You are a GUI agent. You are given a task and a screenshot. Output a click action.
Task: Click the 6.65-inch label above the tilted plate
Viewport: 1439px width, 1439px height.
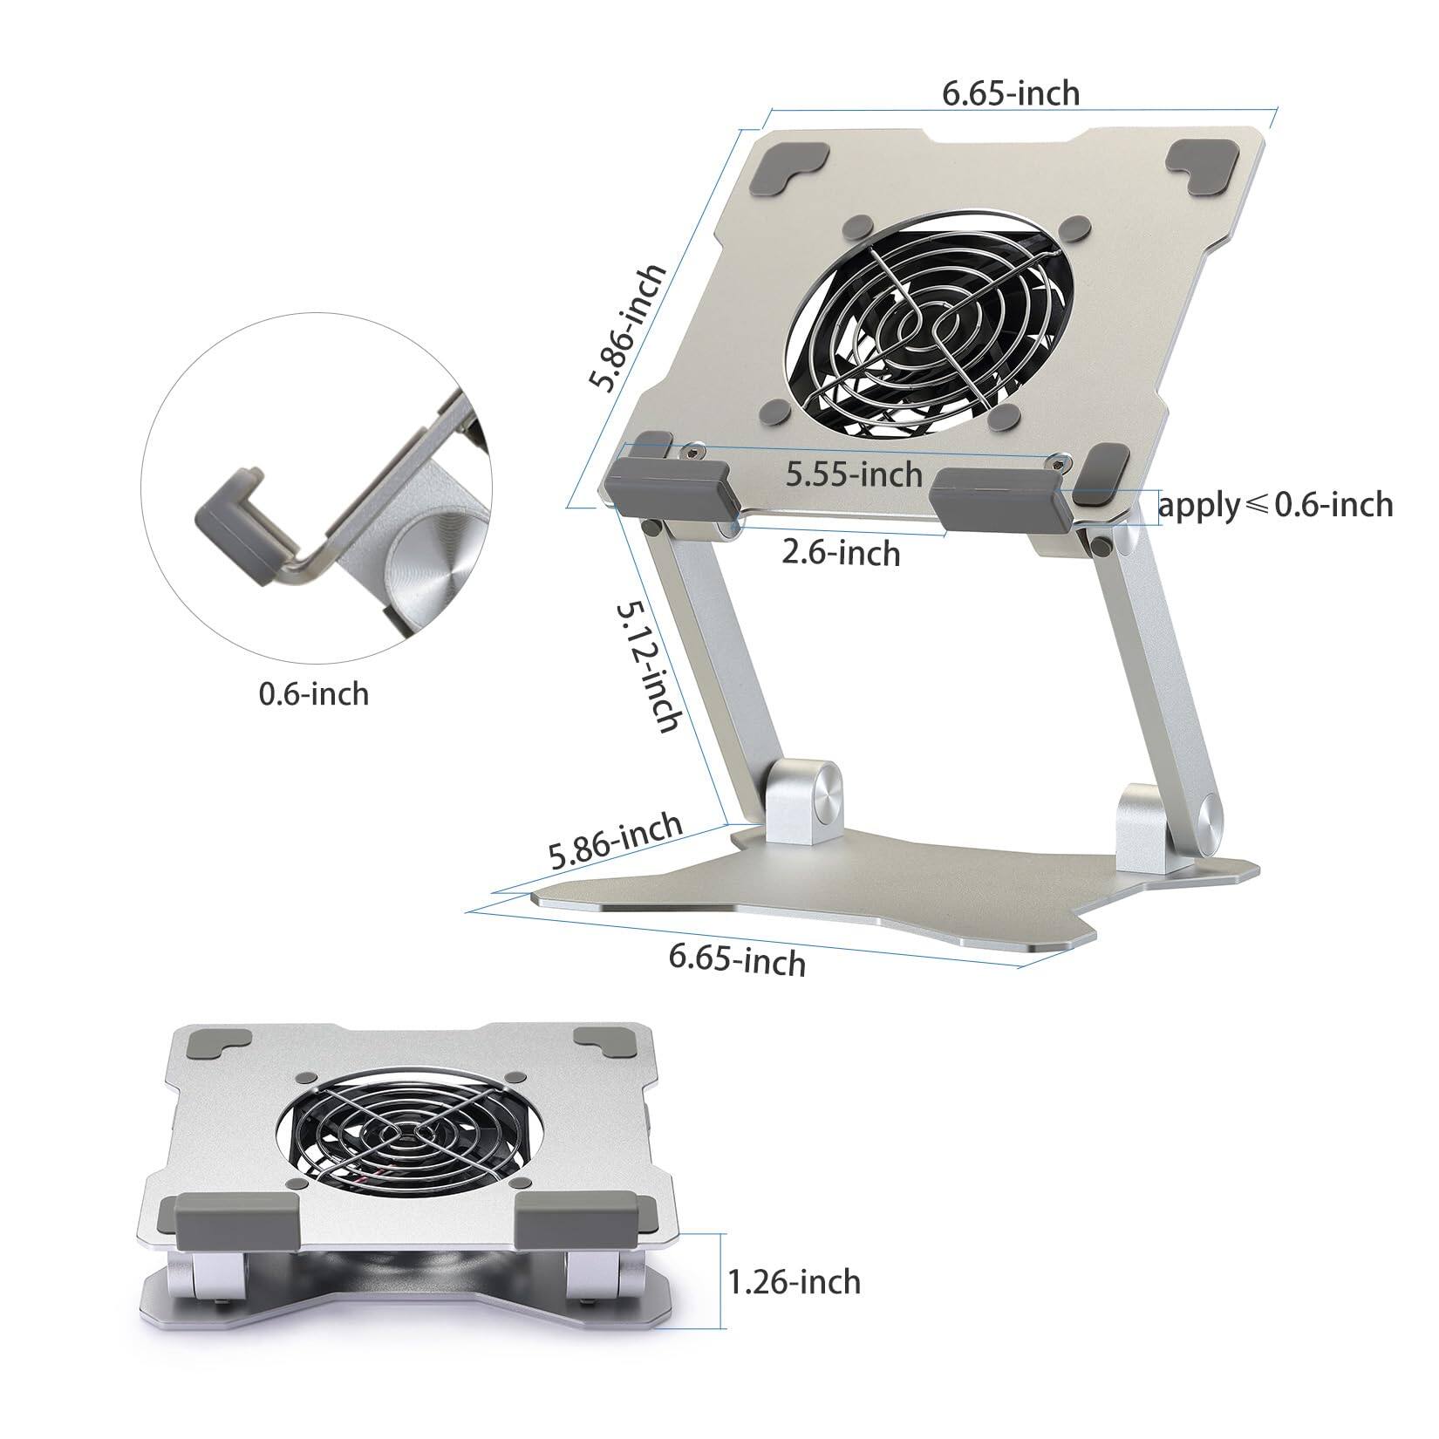1011,93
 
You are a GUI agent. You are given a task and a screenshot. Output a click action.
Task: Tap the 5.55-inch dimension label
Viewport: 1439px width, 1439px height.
854,474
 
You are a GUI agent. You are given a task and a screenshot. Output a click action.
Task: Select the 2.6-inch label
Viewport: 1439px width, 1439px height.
841,552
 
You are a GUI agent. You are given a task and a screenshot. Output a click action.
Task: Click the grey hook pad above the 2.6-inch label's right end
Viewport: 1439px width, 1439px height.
994,495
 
